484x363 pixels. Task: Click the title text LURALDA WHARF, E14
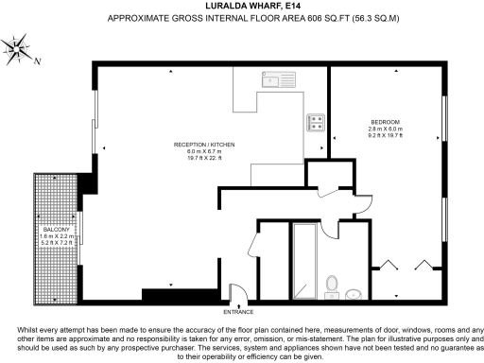click(240, 5)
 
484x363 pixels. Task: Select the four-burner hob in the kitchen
click(315, 121)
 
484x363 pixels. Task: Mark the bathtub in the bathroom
click(305, 260)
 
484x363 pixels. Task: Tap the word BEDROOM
click(385, 122)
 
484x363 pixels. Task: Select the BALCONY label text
click(54, 230)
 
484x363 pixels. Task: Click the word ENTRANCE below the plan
click(237, 311)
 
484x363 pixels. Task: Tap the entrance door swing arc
click(242, 292)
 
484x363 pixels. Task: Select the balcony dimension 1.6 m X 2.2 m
click(54, 236)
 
